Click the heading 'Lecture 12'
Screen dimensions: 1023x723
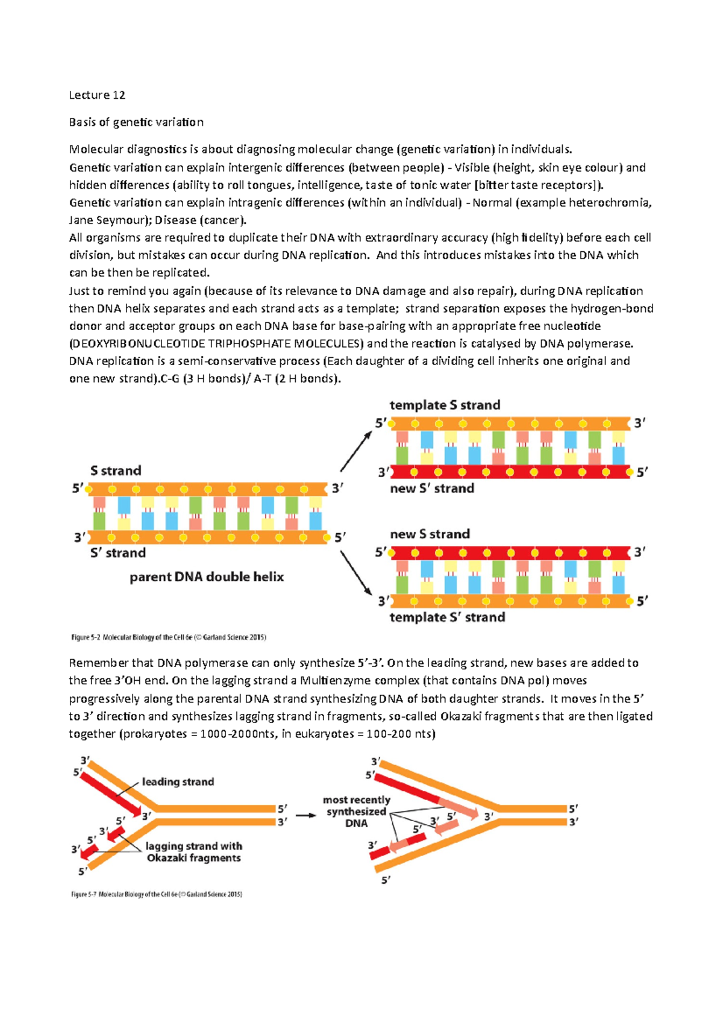pyautogui.click(x=97, y=95)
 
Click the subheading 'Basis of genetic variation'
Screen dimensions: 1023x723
pyautogui.click(x=136, y=122)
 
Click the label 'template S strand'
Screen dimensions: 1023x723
pyautogui.click(x=445, y=405)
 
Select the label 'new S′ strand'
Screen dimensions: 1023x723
pyautogui.click(x=431, y=488)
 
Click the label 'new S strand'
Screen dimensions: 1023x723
pyautogui.click(x=430, y=534)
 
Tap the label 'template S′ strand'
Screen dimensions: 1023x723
pyautogui.click(x=447, y=617)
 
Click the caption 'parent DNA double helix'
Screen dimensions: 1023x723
pyautogui.click(x=207, y=577)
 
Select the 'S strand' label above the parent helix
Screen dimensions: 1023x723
pyautogui.click(x=116, y=471)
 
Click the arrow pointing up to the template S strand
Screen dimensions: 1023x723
pyautogui.click(x=356, y=451)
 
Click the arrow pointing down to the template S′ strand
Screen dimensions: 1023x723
pyautogui.click(x=356, y=572)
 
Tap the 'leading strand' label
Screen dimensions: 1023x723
pyautogui.click(x=178, y=781)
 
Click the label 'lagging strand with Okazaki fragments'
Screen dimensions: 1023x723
pyautogui.click(x=193, y=852)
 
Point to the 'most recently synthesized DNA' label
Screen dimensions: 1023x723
pyautogui.click(x=356, y=811)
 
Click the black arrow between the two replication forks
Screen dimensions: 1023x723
pyautogui.click(x=305, y=815)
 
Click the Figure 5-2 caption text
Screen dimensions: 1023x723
pyautogui.click(x=169, y=637)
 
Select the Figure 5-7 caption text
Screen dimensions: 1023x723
pyautogui.click(x=157, y=894)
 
